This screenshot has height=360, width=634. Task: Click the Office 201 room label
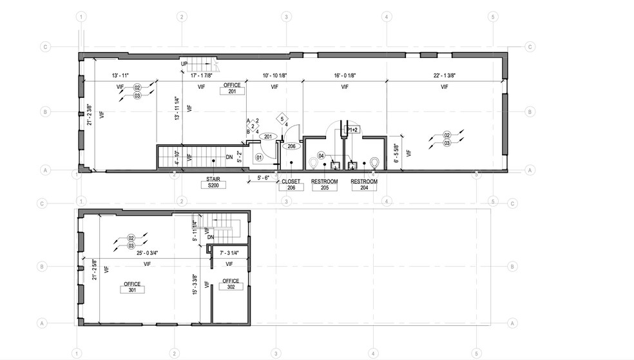point(233,88)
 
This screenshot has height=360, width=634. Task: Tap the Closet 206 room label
point(291,185)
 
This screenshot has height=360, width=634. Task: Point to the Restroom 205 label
point(325,185)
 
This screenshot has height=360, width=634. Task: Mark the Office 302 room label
point(231,284)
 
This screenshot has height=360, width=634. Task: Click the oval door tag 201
point(267,136)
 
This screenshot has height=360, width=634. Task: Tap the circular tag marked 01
point(260,156)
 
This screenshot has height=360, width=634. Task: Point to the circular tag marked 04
point(322,155)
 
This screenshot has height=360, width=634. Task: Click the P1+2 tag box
point(352,129)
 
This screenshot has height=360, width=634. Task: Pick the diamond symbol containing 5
point(282,118)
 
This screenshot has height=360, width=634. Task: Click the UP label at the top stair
point(184,64)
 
